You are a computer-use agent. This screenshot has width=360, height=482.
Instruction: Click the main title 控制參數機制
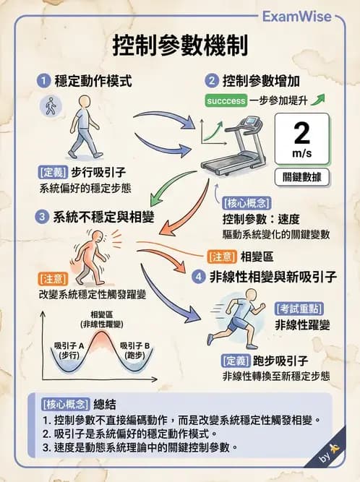click(180, 46)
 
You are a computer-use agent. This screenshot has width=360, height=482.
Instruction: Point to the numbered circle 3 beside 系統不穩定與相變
click(43, 216)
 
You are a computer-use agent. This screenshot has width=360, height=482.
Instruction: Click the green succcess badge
click(226, 101)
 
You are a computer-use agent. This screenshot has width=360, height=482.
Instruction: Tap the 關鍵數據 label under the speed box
click(302, 176)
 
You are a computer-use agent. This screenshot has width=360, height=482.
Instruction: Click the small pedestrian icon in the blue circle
click(50, 107)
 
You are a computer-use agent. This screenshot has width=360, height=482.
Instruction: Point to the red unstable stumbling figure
click(90, 257)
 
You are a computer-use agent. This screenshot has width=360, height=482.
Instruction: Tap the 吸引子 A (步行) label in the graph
click(69, 350)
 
